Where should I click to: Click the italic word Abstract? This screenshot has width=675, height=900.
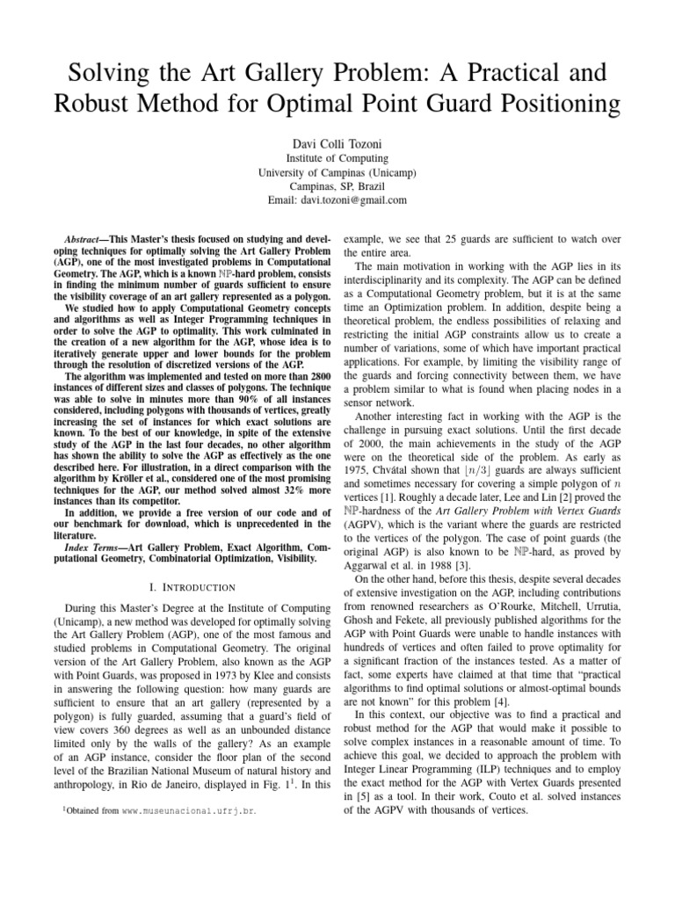(86, 239)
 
